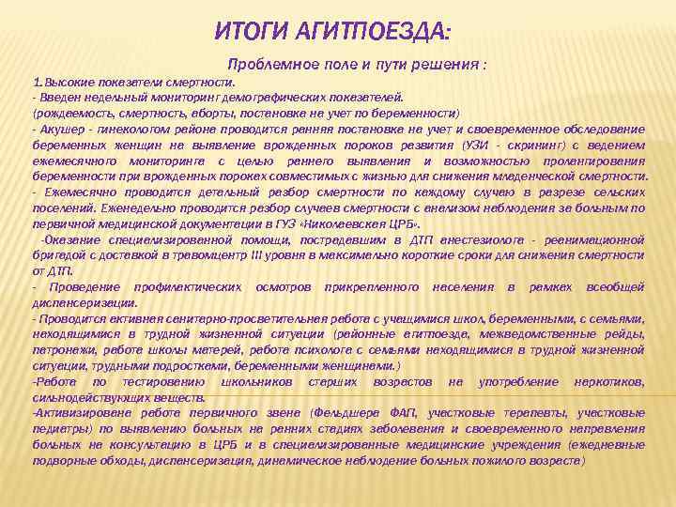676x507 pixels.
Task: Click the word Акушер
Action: [62, 129]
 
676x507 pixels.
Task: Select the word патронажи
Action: [61, 350]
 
